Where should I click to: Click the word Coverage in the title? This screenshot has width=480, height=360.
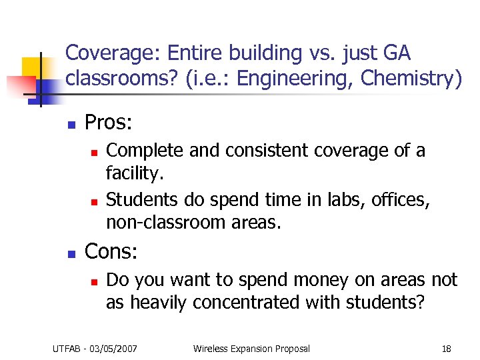point(106,52)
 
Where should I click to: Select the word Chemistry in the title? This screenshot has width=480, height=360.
point(411,79)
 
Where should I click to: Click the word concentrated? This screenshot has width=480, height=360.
point(246,302)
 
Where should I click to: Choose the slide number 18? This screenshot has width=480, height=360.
point(446,348)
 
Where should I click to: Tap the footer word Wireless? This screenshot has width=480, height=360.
point(210,348)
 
